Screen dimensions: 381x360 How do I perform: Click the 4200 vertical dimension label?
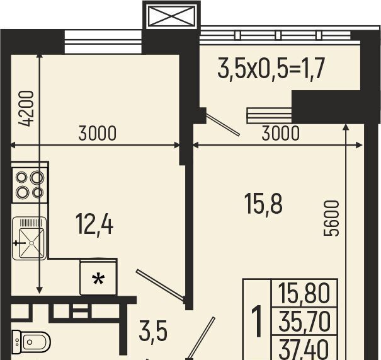coord(26,108)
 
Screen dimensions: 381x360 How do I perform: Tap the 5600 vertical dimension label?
coord(331,218)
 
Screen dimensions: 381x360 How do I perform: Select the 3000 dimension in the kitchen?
coord(98,133)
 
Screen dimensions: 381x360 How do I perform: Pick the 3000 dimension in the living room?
coord(280,133)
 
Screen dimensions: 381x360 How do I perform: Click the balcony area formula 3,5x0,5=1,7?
coord(271,68)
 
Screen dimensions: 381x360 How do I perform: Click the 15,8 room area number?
coord(263,204)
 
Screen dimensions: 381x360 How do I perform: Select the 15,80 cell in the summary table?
coord(304,294)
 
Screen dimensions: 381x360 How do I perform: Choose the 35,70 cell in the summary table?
coord(304,322)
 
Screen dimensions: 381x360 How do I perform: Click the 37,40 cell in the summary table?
coord(304,348)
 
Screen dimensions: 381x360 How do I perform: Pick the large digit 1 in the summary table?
coord(257,322)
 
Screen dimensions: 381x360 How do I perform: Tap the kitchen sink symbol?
coord(29,238)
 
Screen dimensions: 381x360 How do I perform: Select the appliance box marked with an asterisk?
coord(98,277)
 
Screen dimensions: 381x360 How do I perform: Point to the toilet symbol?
coord(31,342)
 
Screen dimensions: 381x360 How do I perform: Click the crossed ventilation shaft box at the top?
coord(171,16)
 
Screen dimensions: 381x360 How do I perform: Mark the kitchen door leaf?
coord(160,284)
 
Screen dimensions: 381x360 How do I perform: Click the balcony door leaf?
coord(222,124)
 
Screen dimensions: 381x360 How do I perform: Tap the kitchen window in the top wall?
coord(103,42)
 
